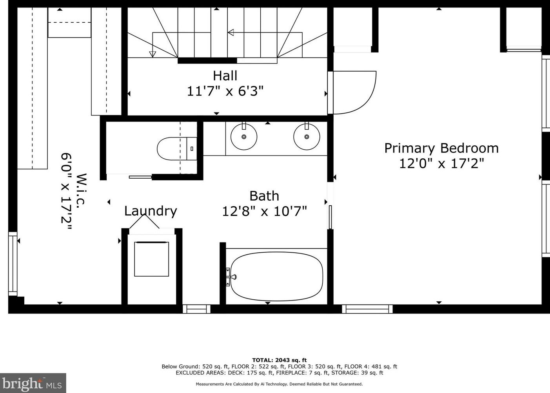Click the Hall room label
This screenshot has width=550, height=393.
[225, 76]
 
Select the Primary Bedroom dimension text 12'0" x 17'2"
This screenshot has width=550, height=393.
[441, 163]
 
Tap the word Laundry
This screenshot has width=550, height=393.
[151, 211]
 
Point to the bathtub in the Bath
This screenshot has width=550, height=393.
[277, 276]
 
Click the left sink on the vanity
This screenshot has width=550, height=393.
[244, 137]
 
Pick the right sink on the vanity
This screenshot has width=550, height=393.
[307, 137]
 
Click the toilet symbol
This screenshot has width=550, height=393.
[177, 149]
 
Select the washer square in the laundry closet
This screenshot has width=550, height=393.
[151, 259]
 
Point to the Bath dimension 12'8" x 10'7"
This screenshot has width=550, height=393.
[265, 211]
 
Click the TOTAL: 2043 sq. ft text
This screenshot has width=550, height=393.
[280, 360]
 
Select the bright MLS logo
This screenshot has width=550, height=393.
[33, 383]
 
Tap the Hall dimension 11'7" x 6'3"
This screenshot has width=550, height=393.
[225, 91]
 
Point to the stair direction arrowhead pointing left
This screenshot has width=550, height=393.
[231, 33]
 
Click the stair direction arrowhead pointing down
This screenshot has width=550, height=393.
[152, 54]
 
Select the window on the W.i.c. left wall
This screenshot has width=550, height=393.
[13, 264]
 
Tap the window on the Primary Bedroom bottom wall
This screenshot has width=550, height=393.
[367, 309]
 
